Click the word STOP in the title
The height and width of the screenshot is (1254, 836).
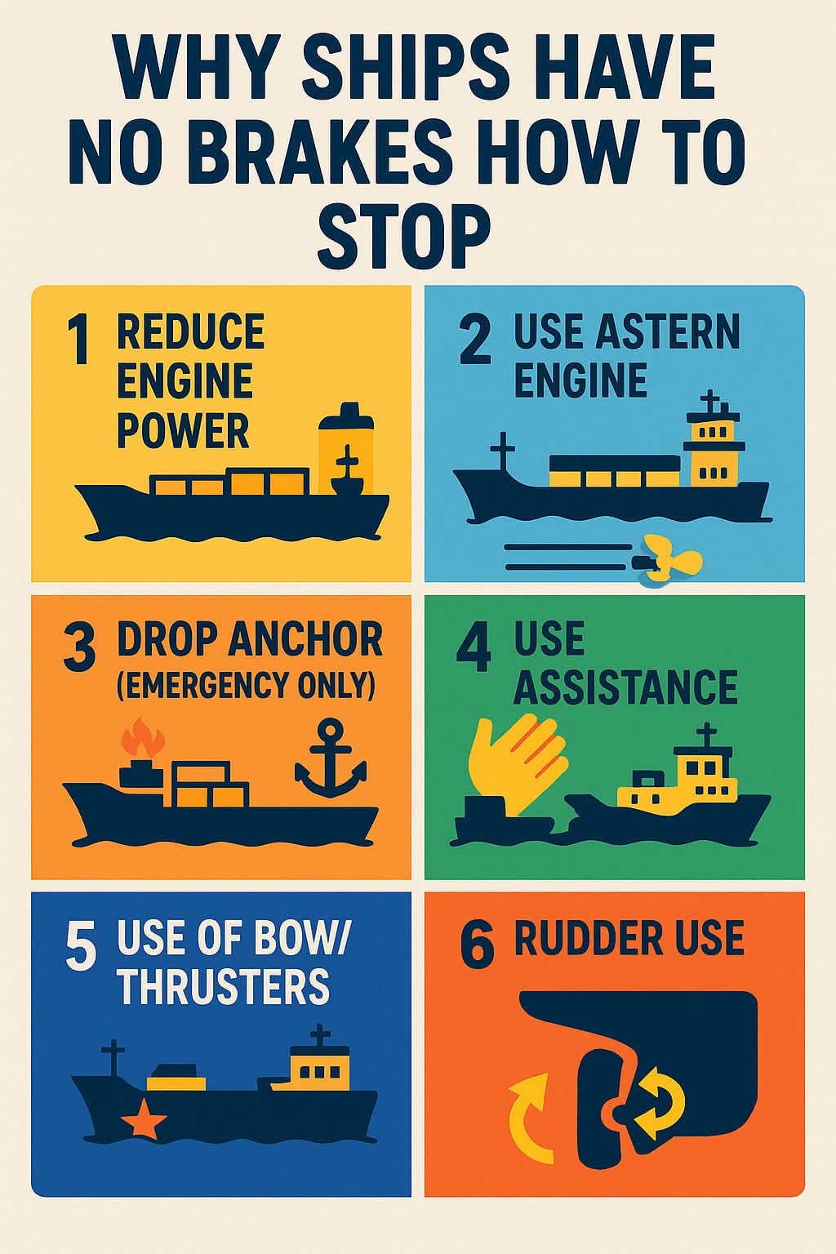[x=404, y=236]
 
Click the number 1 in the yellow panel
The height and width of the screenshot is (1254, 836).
[x=79, y=340]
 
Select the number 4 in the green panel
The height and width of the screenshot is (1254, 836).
[x=474, y=648]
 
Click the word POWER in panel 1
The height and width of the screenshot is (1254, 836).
[x=183, y=431]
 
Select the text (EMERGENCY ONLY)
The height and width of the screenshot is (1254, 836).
[x=246, y=685]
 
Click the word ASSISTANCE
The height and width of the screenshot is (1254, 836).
[x=625, y=687]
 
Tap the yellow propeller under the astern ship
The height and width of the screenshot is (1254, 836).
[x=669, y=560]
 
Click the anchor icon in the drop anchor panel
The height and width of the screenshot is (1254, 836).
[x=331, y=759]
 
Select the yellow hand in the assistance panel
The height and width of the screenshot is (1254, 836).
[x=515, y=763]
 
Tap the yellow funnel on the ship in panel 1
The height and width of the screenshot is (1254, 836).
[x=346, y=448]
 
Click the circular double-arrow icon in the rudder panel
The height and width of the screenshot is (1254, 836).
[x=658, y=1105]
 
